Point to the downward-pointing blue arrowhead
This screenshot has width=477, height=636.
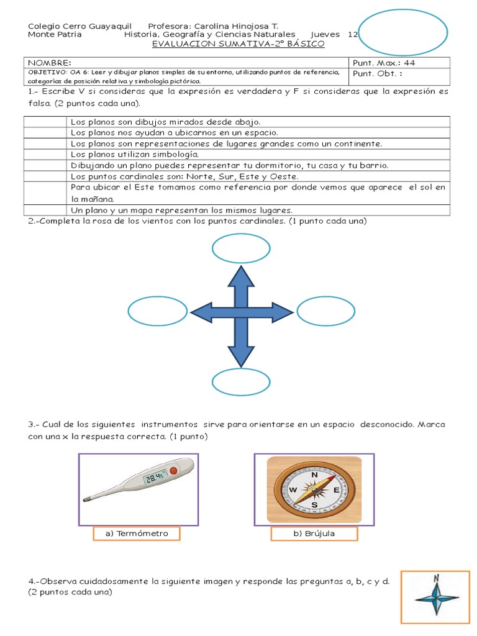[x=241, y=356]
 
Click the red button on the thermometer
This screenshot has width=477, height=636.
[x=174, y=471]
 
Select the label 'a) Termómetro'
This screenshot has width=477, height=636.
[x=137, y=534]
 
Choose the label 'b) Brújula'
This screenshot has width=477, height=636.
[x=314, y=534]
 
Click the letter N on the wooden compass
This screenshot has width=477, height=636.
[x=314, y=475]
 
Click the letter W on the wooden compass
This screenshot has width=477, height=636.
[x=293, y=489]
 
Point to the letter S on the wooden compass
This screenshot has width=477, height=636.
[x=314, y=505]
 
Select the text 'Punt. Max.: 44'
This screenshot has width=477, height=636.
[x=384, y=63]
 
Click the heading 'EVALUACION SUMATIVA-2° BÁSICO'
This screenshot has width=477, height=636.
[x=238, y=44]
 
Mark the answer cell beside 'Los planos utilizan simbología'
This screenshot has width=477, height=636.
[x=45, y=155]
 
